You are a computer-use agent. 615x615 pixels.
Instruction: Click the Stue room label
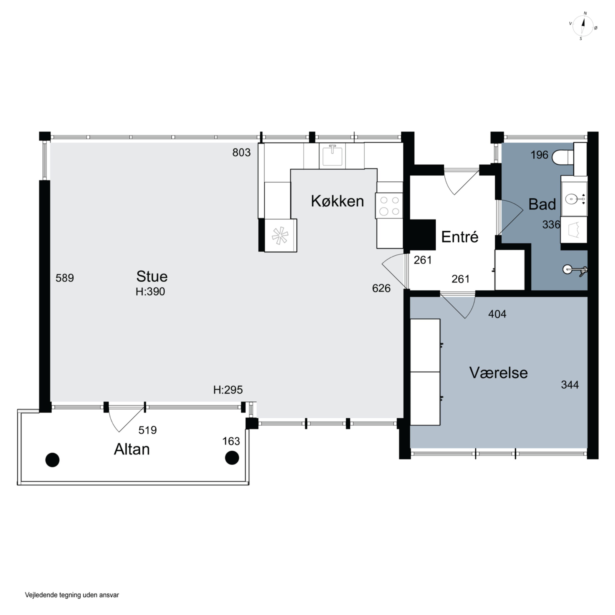tap(152, 276)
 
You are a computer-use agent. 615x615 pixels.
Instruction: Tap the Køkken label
tap(337, 201)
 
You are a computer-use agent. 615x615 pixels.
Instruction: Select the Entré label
tap(460, 237)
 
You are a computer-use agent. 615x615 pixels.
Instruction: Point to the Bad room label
tap(542, 204)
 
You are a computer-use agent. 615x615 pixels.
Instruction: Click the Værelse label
tap(499, 373)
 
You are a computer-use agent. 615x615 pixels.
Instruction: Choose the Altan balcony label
tap(132, 449)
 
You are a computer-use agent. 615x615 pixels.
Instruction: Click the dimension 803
tap(241, 153)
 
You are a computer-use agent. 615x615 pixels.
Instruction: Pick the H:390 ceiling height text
tap(150, 292)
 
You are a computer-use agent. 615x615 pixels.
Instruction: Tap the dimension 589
tap(65, 278)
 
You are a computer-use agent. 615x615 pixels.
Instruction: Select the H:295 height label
tap(228, 390)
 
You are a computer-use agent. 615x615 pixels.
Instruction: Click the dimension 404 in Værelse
tap(497, 314)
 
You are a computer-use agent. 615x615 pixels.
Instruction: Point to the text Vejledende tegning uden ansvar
tap(72, 595)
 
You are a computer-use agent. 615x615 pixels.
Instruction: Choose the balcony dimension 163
tap(231, 441)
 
